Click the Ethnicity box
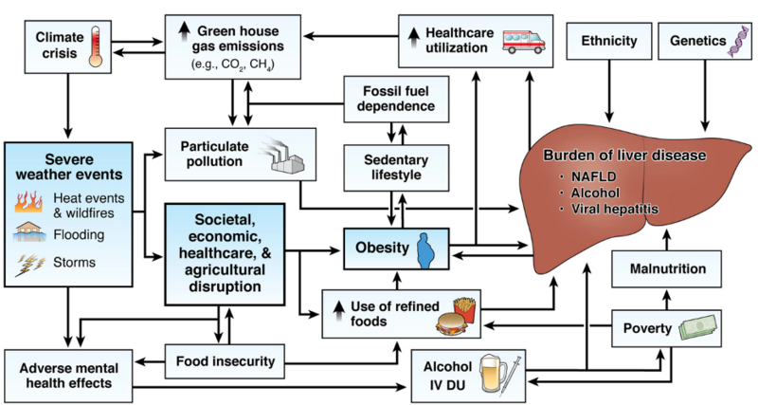(607, 41)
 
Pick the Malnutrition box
(665, 271)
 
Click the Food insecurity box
(226, 360)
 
